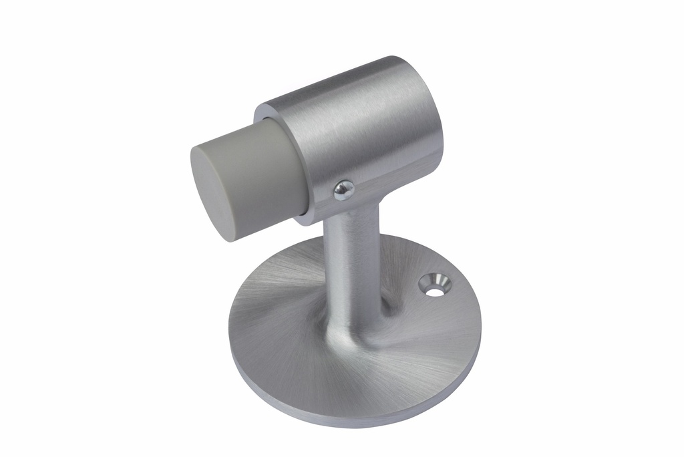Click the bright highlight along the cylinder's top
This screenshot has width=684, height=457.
[x=347, y=80]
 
